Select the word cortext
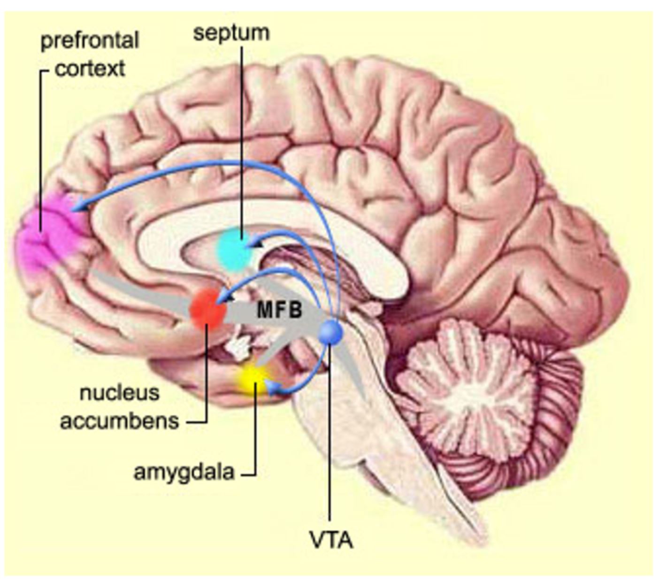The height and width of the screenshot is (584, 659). coord(90,69)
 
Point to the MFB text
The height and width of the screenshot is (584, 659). coord(280,310)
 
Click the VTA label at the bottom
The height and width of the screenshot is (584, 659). coord(331,540)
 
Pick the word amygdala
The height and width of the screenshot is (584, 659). coord(184,472)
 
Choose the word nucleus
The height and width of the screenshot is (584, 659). coord(120,393)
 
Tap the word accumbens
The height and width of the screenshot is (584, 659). coord(120,421)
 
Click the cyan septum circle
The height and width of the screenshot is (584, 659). coord(235,250)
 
